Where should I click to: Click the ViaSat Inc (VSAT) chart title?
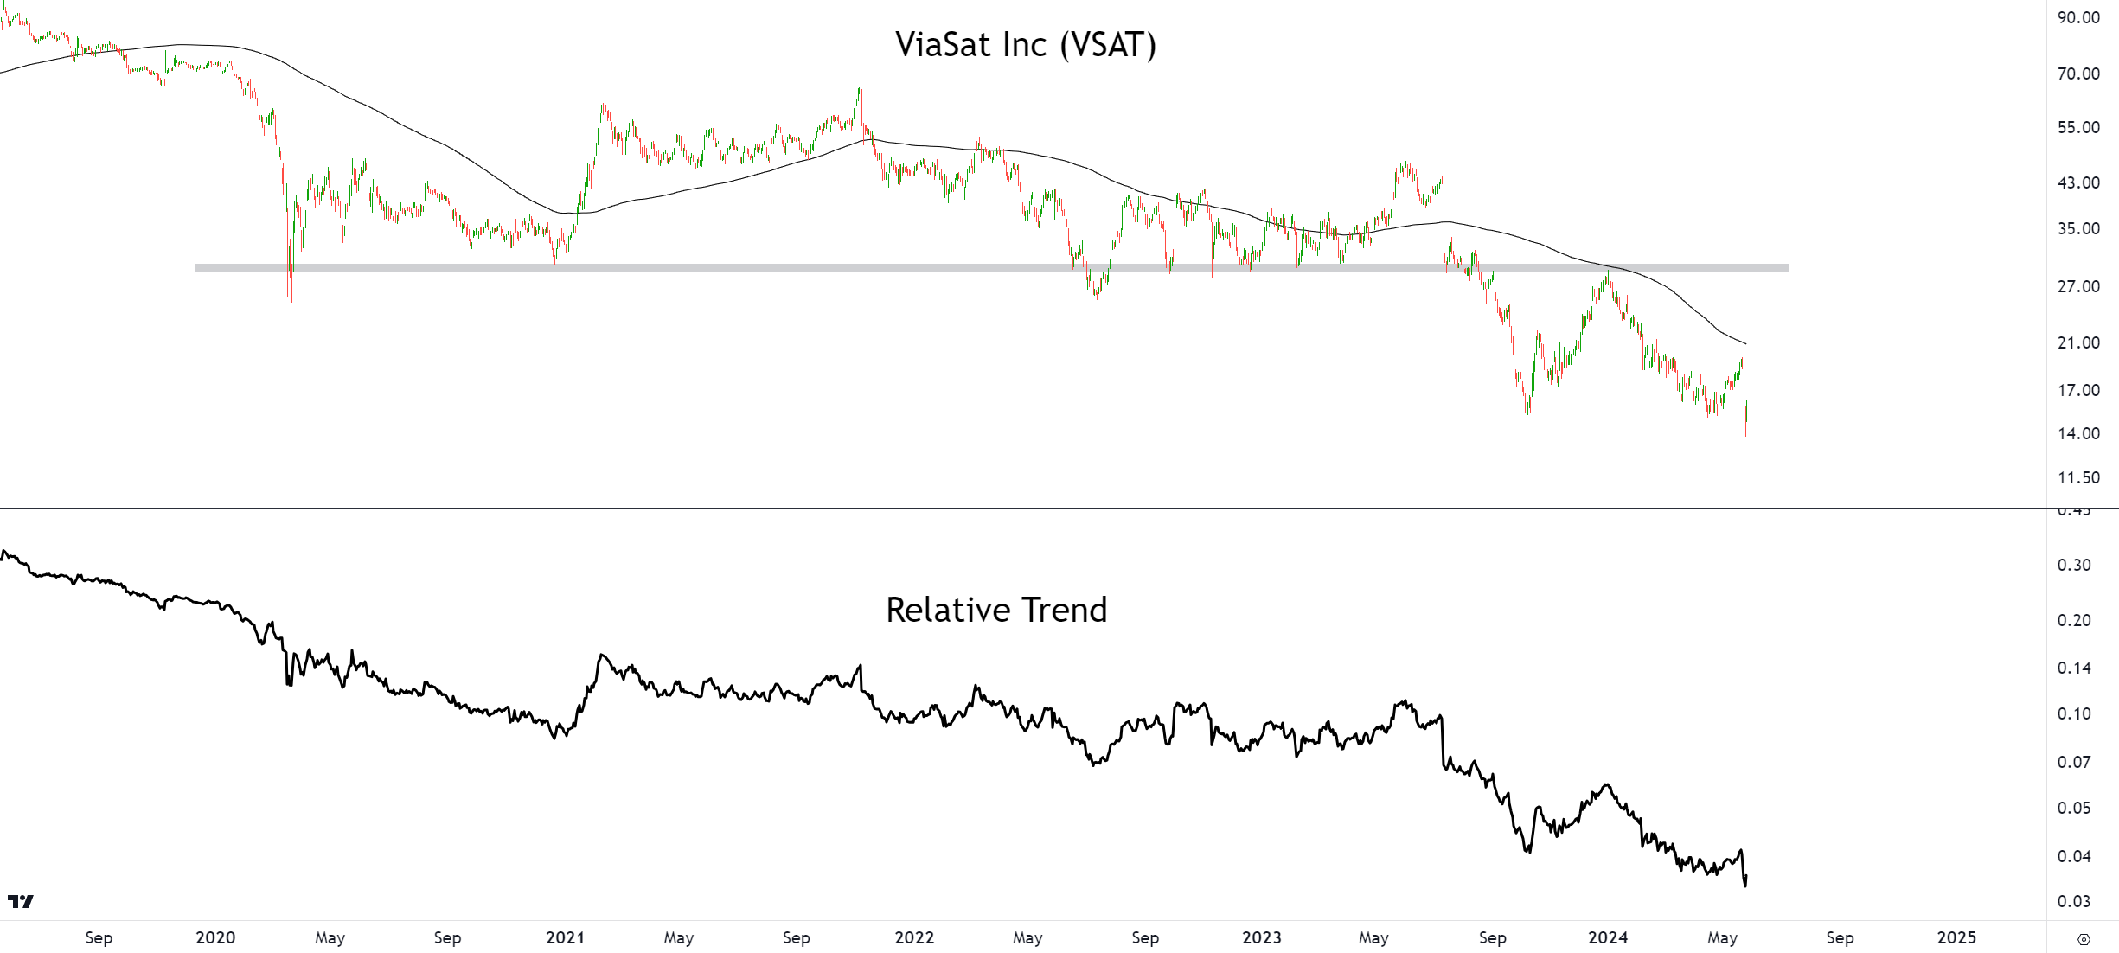(x=1025, y=45)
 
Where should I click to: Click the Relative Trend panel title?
(x=996, y=611)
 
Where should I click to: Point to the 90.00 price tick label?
(x=2078, y=17)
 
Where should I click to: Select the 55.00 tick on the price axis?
(x=2078, y=127)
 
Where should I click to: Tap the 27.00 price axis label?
(x=2078, y=286)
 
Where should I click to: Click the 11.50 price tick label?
(x=2078, y=477)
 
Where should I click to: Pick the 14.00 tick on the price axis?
(x=2078, y=433)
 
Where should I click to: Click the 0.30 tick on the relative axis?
(x=2074, y=565)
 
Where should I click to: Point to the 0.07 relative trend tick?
(x=2074, y=762)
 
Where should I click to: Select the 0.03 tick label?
(x=2074, y=901)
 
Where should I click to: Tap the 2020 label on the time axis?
(x=215, y=937)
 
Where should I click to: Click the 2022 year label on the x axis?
(x=914, y=937)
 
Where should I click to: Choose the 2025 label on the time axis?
(x=1956, y=937)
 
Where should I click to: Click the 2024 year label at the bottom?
(x=1608, y=937)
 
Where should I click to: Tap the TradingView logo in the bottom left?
(x=21, y=902)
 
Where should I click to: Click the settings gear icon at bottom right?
(x=2084, y=939)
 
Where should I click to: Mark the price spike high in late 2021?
(x=861, y=80)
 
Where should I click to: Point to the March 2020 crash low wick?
(x=291, y=299)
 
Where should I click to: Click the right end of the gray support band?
(x=1786, y=268)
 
